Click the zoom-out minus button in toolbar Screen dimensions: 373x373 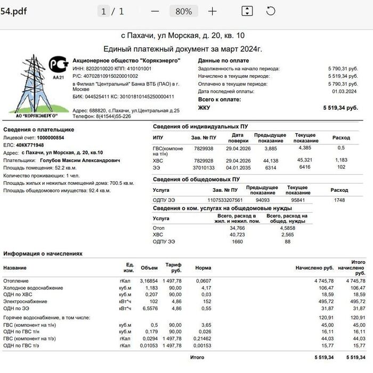[155, 11]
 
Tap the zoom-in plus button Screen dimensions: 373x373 [213, 11]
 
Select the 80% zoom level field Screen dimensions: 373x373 [183, 11]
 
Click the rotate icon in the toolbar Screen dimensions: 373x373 [271, 11]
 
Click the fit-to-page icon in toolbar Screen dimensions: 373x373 [247, 11]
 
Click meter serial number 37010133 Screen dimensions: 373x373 [202, 167]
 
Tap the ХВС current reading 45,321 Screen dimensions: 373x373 [305, 160]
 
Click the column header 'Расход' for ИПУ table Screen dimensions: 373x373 [341, 137]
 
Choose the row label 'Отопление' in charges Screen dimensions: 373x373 [16, 281]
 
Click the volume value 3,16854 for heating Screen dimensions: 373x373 [149, 281]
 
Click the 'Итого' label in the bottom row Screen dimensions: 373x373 [197, 357]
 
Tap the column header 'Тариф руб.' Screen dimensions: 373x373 [173, 267]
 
